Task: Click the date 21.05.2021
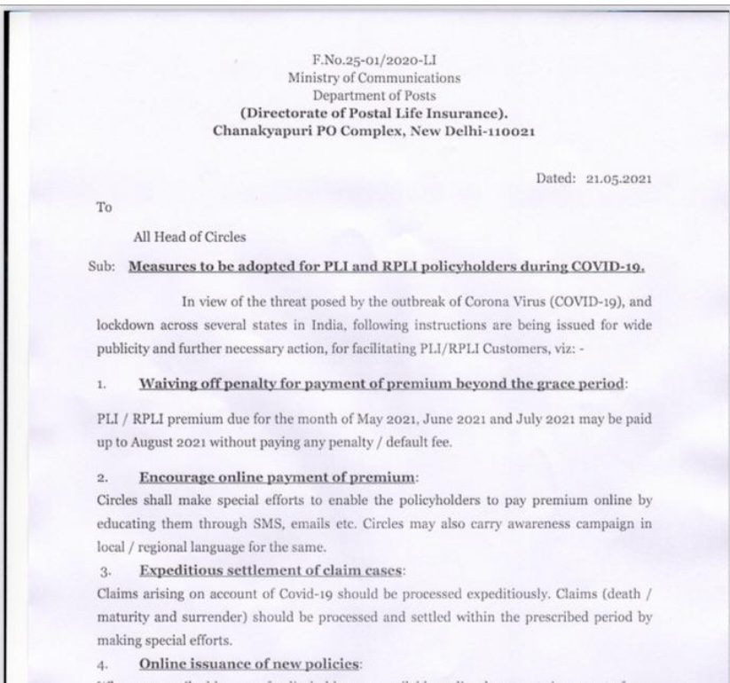618,177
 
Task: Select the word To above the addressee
106,207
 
